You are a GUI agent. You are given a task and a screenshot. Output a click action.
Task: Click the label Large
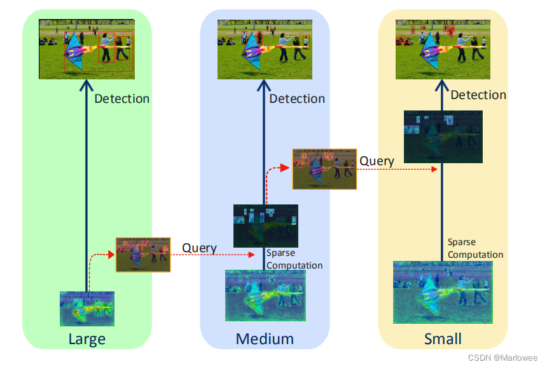87,339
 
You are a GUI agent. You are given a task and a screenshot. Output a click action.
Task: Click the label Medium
265,339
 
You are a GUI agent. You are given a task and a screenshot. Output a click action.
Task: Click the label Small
443,339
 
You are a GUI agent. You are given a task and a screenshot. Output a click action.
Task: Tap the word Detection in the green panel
121,98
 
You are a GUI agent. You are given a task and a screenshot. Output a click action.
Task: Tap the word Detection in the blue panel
297,98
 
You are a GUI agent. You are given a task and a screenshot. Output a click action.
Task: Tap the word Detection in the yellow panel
478,95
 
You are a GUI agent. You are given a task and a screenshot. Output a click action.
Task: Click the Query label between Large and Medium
199,248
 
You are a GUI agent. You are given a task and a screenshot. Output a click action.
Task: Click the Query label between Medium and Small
377,161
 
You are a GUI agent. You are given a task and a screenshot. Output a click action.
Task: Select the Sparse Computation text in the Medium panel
294,259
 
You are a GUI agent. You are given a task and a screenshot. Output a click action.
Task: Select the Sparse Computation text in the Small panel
474,248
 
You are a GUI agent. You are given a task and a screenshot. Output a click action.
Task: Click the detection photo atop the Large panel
86,49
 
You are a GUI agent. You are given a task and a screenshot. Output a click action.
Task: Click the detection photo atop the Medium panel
264,49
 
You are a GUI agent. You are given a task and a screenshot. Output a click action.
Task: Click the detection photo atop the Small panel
443,49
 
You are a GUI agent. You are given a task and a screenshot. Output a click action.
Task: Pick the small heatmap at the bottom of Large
87,309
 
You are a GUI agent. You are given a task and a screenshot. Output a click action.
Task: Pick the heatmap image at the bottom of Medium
265,295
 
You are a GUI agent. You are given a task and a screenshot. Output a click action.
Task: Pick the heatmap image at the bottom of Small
443,291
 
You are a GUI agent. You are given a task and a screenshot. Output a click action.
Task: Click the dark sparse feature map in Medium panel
265,225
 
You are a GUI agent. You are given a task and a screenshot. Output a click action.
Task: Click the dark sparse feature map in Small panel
443,131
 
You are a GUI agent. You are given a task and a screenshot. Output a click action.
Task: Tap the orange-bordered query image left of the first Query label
143,255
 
